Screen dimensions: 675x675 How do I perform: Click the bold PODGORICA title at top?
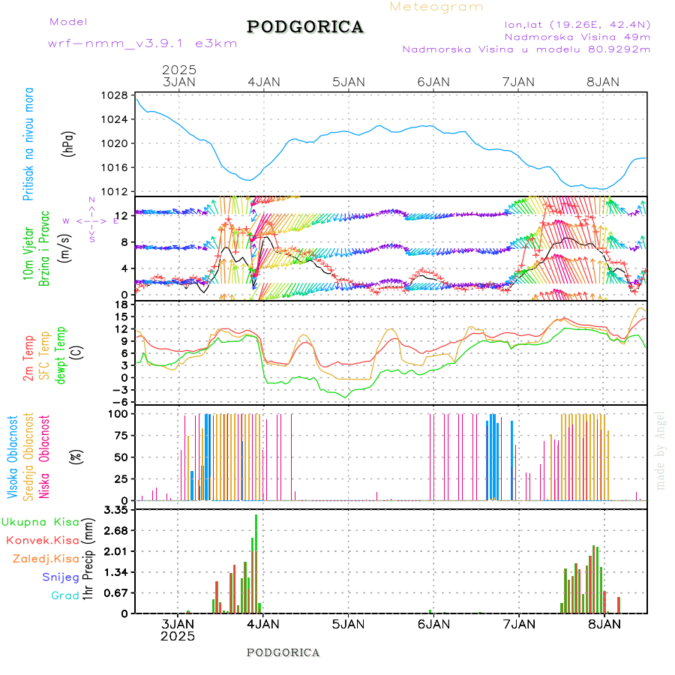click(x=305, y=27)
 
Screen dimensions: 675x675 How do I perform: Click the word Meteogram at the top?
click(x=436, y=7)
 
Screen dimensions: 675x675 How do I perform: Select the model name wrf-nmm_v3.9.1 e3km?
click(x=142, y=43)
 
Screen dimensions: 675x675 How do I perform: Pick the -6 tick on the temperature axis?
click(x=120, y=401)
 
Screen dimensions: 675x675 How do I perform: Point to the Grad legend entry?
click(x=65, y=595)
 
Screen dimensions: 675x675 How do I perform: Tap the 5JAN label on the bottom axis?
click(x=348, y=624)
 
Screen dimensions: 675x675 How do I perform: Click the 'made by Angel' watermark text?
click(x=661, y=450)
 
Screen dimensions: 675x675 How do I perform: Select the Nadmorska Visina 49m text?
click(x=577, y=36)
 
